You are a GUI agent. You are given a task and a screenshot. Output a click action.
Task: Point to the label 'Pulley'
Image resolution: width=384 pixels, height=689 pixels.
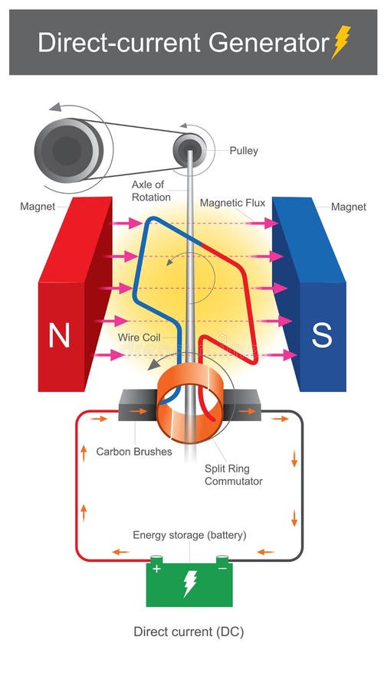pos(244,151)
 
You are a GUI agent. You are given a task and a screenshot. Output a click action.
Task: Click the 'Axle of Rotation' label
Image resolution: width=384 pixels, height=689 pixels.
pos(148,191)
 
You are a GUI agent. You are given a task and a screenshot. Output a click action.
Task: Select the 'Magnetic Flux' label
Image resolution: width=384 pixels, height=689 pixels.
pos(232,203)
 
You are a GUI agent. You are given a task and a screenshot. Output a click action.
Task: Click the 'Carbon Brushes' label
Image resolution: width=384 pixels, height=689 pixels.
pos(134,452)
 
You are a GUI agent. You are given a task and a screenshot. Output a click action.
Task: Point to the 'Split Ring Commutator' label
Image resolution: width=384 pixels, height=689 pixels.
pos(233,475)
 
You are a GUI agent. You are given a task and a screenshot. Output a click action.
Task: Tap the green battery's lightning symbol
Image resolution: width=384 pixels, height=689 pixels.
pos(189,586)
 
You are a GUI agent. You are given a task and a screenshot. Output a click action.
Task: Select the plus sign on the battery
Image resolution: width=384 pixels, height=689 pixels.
pos(157,570)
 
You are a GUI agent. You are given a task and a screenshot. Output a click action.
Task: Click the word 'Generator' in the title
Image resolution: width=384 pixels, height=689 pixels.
pos(260,42)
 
